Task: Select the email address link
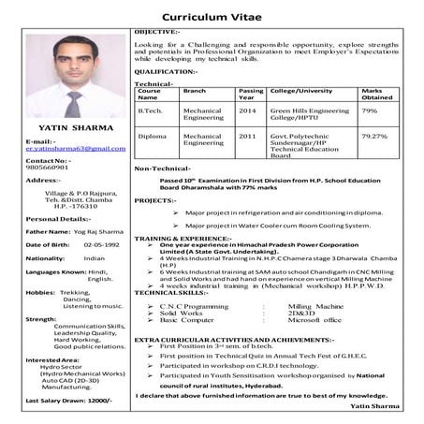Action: click(75, 148)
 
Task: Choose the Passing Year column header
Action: click(251, 94)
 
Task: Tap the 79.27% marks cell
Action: click(373, 136)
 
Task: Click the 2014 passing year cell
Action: click(247, 110)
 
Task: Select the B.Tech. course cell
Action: click(151, 110)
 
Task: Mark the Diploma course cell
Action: click(152, 136)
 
